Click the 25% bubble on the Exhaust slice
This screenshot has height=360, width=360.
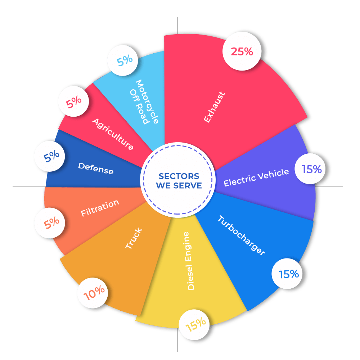[242, 52]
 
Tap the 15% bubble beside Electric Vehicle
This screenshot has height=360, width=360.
[312, 169]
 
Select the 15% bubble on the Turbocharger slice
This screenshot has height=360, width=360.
[289, 274]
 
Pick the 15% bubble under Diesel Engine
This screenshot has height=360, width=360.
[196, 324]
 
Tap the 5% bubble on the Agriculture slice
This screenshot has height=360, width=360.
[74, 102]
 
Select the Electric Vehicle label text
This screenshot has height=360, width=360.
[256, 177]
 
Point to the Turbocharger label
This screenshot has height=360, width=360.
[241, 235]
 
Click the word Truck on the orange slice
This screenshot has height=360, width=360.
[134, 238]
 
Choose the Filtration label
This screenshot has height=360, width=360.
[100, 208]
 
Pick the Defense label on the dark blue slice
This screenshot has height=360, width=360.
[96, 168]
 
